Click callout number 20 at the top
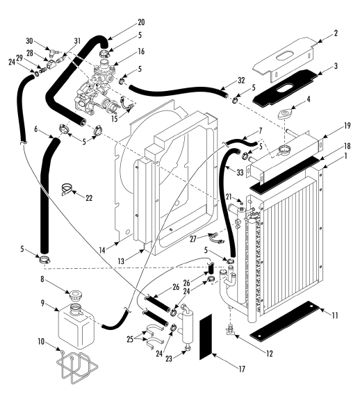tap(141, 22)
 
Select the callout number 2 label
tap(336, 33)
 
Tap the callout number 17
tap(241, 369)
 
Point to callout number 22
tap(89, 198)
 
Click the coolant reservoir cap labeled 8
tap(76, 295)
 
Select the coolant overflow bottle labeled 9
tap(76, 326)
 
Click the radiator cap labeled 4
tap(284, 114)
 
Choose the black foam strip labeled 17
tap(206, 336)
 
